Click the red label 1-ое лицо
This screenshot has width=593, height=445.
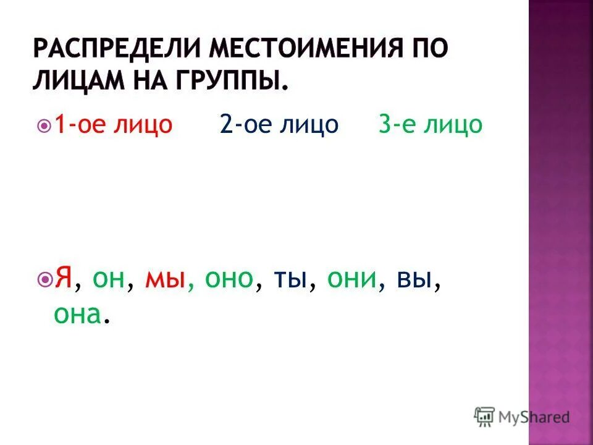114,125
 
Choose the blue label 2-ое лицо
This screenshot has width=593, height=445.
279,125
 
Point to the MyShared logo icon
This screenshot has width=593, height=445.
484,417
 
